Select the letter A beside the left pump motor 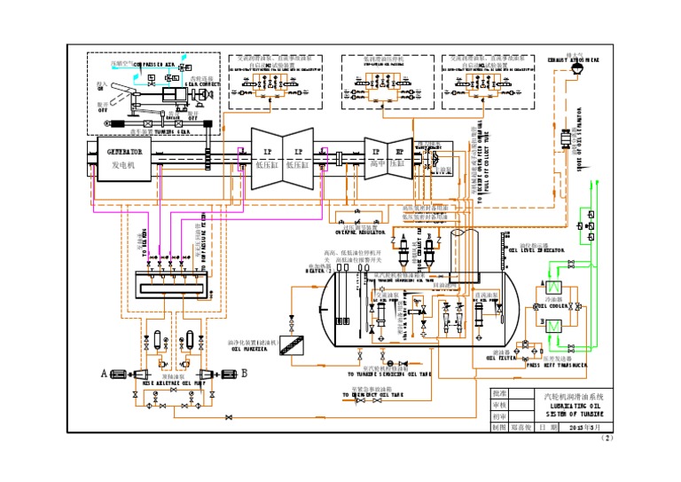(x=105, y=374)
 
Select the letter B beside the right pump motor (x=244, y=374)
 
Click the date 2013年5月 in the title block (x=585, y=427)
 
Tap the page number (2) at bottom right (x=607, y=438)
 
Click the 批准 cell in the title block (x=500, y=393)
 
